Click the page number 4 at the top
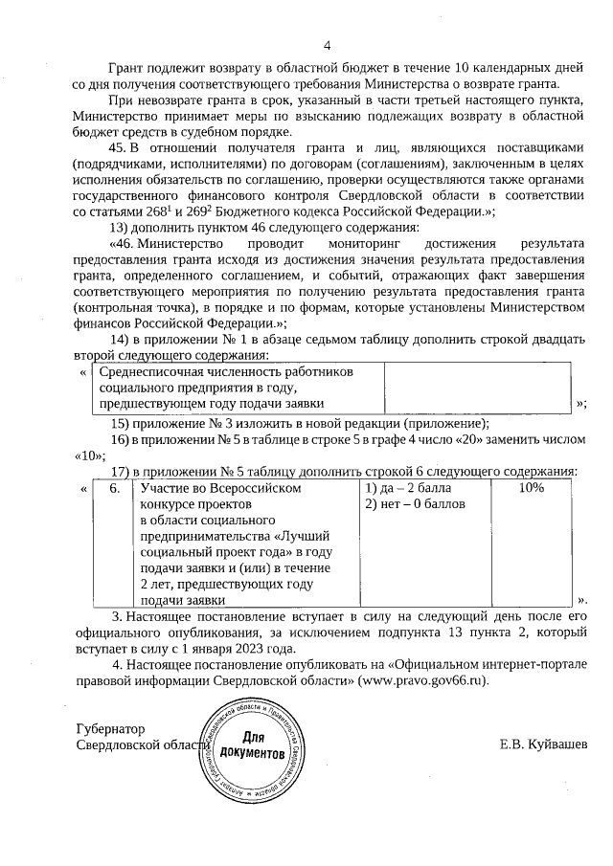click(327, 45)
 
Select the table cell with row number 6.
click(114, 487)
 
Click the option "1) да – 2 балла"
click(408, 487)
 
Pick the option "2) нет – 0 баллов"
click(414, 503)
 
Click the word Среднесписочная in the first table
click(152, 370)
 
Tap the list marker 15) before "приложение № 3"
click(120, 423)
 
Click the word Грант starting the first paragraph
click(125, 68)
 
